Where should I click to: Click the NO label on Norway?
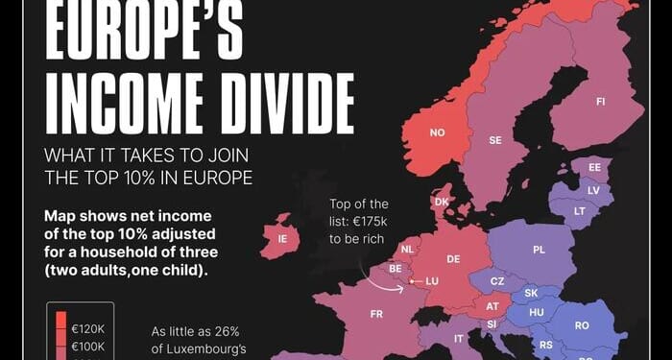tap(438, 132)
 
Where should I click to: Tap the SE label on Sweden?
tap(495, 140)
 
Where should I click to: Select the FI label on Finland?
tap(600, 101)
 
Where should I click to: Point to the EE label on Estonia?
tap(594, 167)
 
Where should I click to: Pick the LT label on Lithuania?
tap(579, 210)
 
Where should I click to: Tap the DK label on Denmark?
tap(442, 202)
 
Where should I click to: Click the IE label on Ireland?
tap(282, 239)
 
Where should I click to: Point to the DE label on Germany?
tap(454, 259)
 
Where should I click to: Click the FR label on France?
tap(377, 313)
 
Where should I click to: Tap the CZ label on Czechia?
tap(497, 280)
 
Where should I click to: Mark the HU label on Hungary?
tap(538, 312)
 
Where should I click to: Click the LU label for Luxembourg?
tap(431, 281)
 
